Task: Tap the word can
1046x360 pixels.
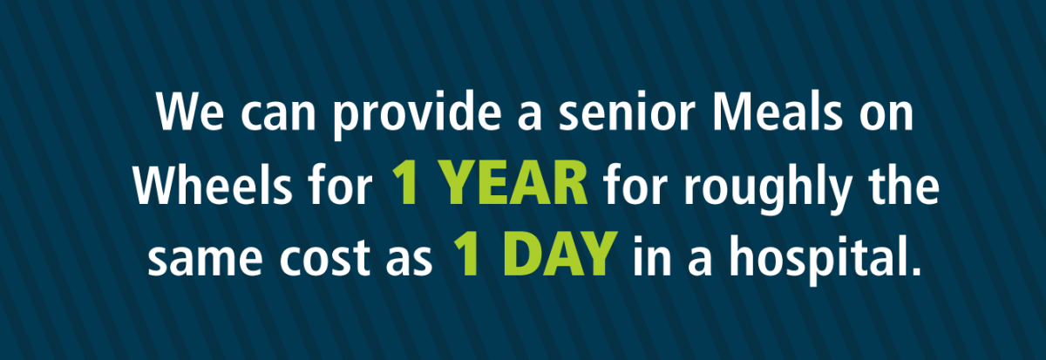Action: [279, 116]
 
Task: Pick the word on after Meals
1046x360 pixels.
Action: [886, 116]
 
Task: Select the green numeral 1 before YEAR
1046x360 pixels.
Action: [404, 184]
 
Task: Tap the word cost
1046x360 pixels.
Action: [324, 257]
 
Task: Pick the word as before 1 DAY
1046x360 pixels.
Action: [409, 261]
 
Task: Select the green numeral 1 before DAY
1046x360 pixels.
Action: [466, 255]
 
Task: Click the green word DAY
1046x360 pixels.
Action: [560, 255]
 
